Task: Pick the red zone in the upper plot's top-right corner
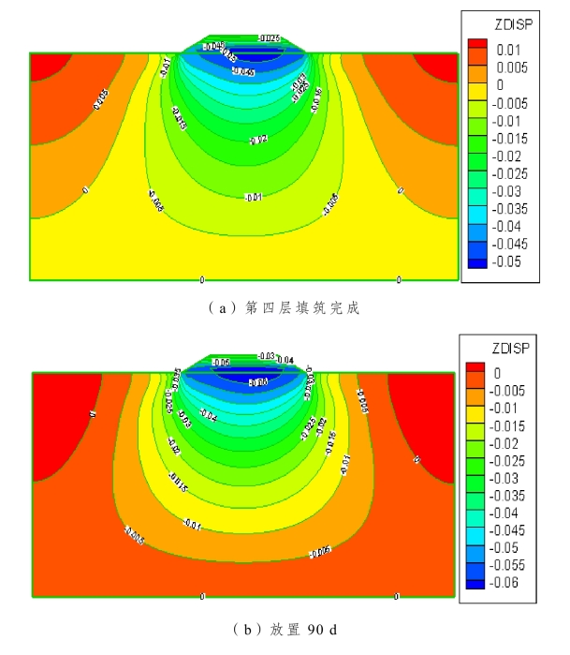(x=440, y=66)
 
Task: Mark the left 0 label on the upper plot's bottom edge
(x=202, y=279)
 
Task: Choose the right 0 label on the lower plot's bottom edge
(x=397, y=597)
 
